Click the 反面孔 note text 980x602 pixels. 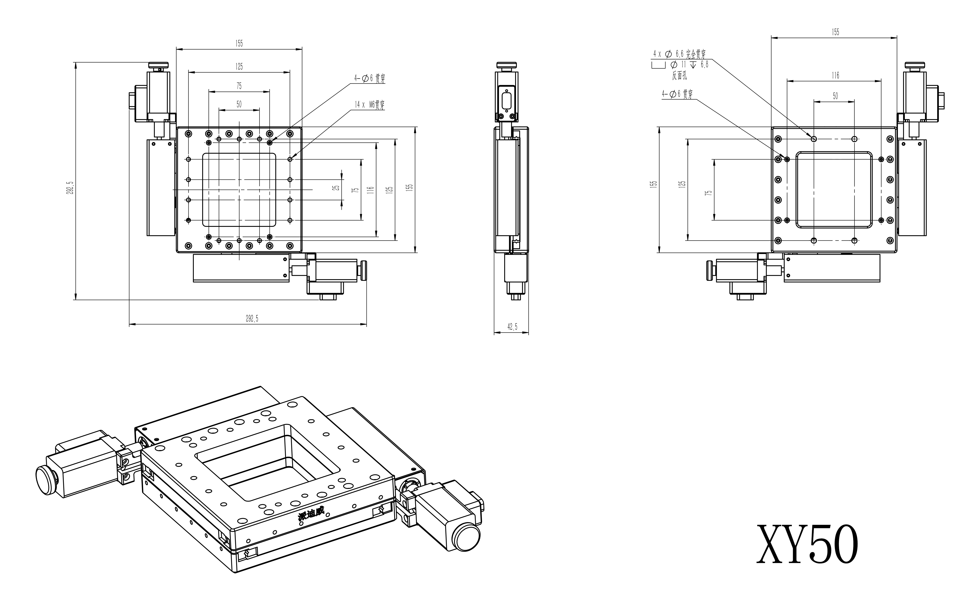[679, 75]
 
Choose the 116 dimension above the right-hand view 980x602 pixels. [835, 75]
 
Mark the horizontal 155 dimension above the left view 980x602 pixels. [239, 44]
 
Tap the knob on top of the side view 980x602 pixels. [506, 65]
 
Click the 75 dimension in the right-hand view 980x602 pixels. [708, 193]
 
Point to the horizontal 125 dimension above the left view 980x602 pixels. [239, 66]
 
